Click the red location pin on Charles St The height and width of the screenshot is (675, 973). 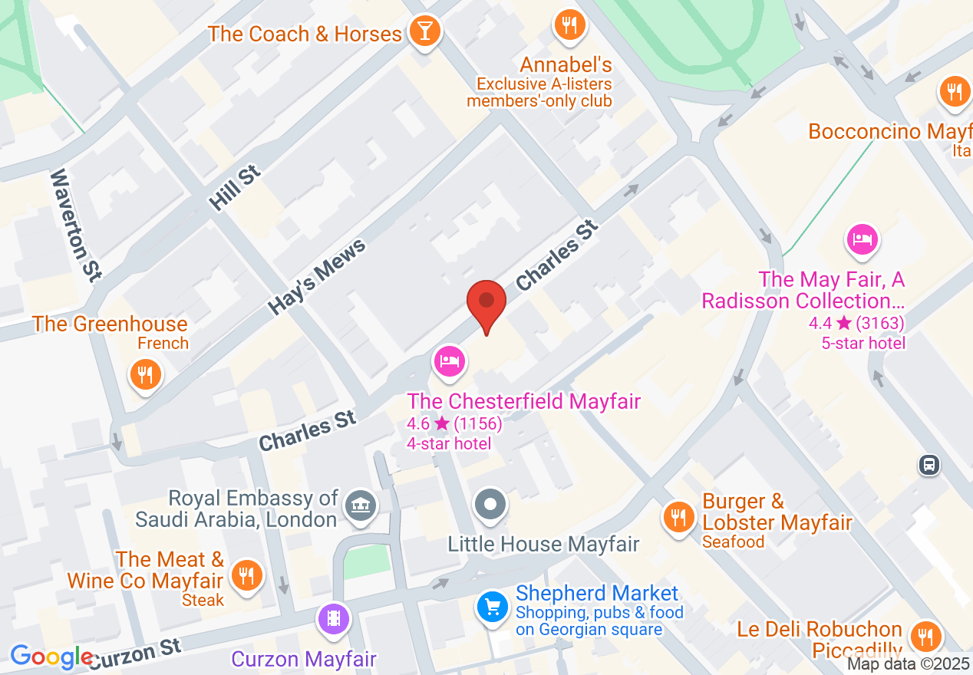pyautogui.click(x=486, y=301)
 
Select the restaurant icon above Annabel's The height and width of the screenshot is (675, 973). pyautogui.click(x=569, y=25)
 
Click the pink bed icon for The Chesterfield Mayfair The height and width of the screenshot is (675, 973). pyautogui.click(x=449, y=361)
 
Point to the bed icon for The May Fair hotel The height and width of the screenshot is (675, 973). pyautogui.click(x=863, y=239)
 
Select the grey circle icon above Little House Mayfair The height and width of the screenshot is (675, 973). pyautogui.click(x=490, y=505)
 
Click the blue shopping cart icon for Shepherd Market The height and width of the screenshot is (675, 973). pyautogui.click(x=492, y=607)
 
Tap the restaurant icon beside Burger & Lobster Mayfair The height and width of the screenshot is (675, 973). pyautogui.click(x=678, y=516)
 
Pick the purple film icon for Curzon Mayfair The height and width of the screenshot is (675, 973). pyautogui.click(x=334, y=617)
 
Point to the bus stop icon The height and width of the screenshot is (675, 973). pyautogui.click(x=929, y=464)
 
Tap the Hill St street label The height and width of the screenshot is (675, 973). pyautogui.click(x=235, y=186)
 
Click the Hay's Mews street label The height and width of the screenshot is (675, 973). pyautogui.click(x=318, y=277)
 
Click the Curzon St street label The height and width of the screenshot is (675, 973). pyautogui.click(x=136, y=654)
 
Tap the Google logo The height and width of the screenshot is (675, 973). pyautogui.click(x=51, y=657)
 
